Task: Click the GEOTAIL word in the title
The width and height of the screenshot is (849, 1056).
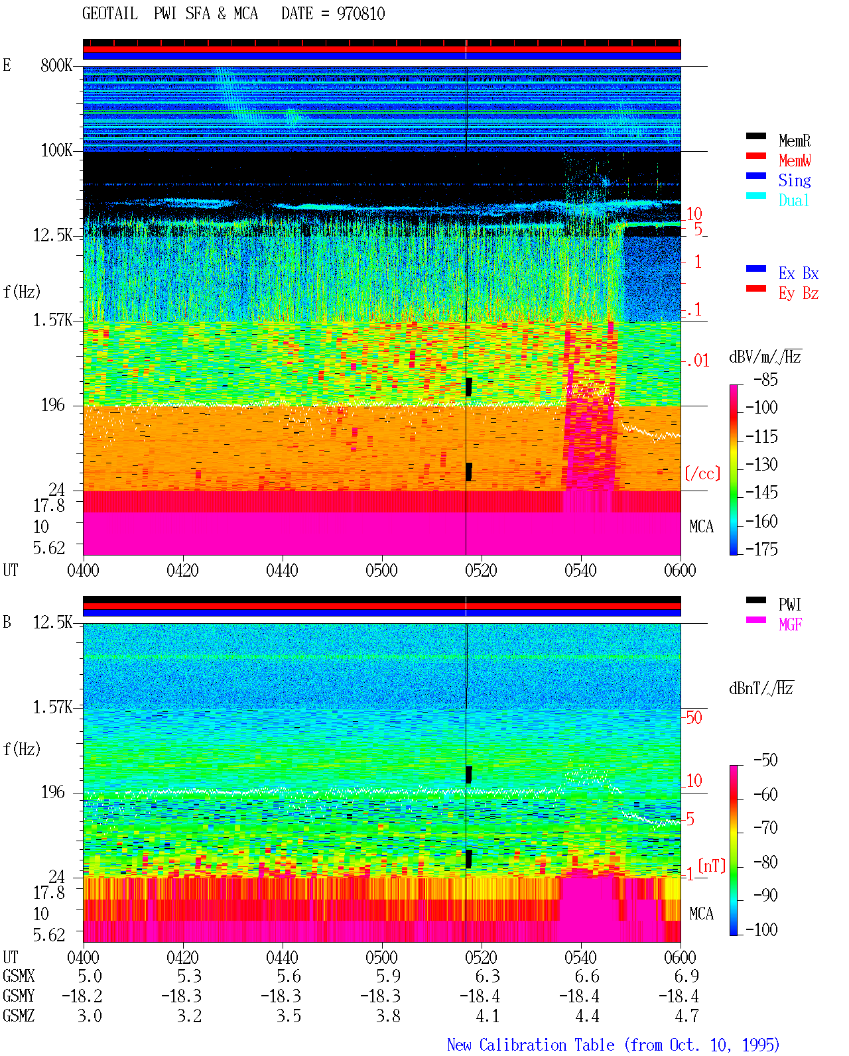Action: (110, 13)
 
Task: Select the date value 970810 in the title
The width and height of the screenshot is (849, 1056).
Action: (361, 13)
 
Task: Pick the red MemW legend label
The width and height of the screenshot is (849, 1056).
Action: (795, 160)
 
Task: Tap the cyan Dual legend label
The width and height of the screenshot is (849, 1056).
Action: (793, 200)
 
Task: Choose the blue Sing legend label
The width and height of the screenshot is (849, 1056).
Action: (795, 180)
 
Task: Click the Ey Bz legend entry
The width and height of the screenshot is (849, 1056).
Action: (799, 294)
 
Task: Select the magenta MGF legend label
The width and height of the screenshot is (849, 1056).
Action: (791, 624)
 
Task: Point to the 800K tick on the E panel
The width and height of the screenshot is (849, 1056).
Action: (56, 65)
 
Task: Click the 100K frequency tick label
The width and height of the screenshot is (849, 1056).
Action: (56, 150)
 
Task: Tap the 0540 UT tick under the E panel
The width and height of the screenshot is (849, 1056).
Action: (580, 571)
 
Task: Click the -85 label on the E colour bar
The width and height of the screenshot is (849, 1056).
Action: (765, 380)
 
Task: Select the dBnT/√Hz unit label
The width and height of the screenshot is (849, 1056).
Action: (761, 688)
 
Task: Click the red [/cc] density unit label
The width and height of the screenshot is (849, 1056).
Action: (702, 473)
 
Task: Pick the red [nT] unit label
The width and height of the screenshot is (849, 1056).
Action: (712, 866)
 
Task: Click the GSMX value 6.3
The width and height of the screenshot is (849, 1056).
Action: (488, 976)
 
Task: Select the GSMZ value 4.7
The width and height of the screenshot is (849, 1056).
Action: (686, 1016)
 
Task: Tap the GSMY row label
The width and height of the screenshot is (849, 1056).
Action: (19, 996)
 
